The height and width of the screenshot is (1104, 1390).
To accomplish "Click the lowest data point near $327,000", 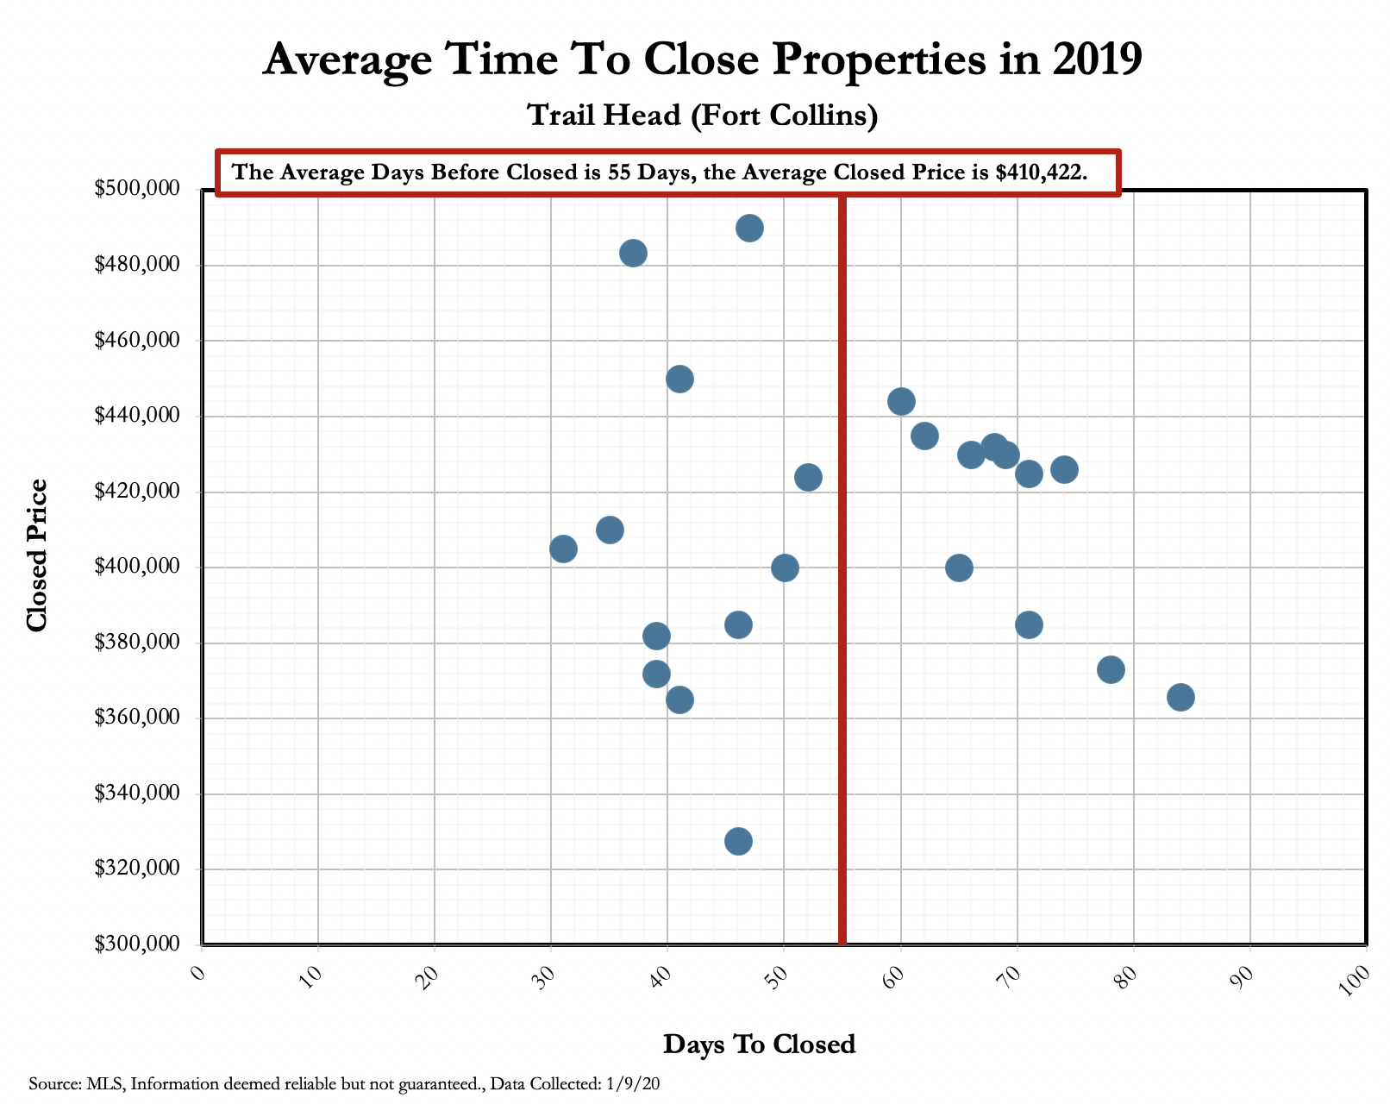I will [738, 841].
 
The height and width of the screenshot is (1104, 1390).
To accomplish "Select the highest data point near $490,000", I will [749, 229].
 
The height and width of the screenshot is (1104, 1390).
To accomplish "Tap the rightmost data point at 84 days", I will [1180, 697].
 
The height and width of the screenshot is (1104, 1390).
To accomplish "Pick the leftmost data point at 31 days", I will [563, 549].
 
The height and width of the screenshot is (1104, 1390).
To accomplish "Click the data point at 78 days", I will [1111, 669].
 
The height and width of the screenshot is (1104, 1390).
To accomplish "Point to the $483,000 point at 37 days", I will [633, 254].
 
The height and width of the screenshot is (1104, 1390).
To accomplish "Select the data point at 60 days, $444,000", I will [900, 402].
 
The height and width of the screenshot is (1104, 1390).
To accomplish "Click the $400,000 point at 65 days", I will [959, 568].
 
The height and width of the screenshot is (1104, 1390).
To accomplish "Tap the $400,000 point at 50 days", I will [785, 568].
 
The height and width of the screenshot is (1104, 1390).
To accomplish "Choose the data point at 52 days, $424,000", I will [808, 477].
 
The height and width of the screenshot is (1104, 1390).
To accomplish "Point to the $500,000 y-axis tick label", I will [141, 189].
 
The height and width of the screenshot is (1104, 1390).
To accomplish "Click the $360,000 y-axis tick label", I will [141, 718].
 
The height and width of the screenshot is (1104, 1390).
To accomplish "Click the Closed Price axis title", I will [36, 556].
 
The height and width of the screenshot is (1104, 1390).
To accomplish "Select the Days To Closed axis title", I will [759, 1044].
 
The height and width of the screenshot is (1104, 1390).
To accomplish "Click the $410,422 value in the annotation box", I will [1041, 172].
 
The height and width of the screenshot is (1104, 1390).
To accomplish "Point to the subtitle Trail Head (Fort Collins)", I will [702, 115].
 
